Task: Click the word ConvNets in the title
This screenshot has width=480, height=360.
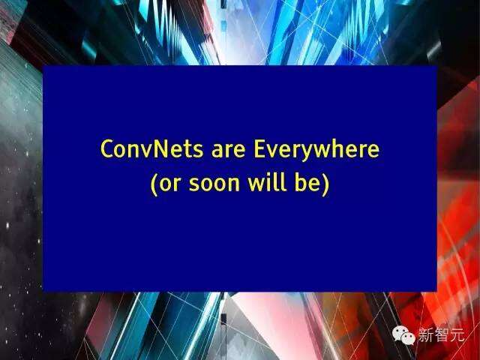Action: click(x=151, y=148)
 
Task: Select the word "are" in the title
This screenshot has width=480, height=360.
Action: click(x=228, y=151)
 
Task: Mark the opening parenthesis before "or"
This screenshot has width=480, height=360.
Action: click(x=154, y=184)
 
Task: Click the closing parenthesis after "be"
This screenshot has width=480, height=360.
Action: click(x=325, y=184)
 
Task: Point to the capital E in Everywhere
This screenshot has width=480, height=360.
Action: click(x=259, y=148)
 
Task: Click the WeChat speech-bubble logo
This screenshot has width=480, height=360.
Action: click(x=403, y=335)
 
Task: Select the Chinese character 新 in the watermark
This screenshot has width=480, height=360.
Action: click(x=426, y=334)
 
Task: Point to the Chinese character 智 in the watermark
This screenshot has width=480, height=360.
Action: click(x=442, y=334)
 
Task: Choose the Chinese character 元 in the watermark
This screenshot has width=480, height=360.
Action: click(x=457, y=334)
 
